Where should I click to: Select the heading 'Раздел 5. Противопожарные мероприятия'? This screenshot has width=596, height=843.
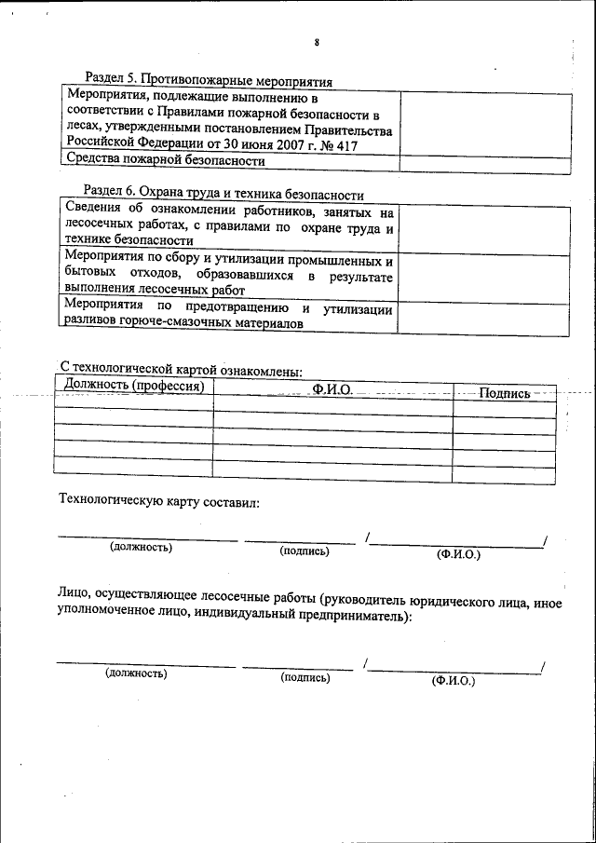pyautogui.click(x=209, y=81)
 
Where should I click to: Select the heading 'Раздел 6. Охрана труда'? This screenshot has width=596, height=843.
pyautogui.click(x=223, y=195)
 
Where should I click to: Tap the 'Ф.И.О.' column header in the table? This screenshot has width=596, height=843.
pyautogui.click(x=332, y=388)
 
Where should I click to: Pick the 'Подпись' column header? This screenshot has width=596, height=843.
pyautogui.click(x=504, y=393)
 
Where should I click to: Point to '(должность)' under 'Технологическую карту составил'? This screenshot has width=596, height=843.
pyautogui.click(x=141, y=547)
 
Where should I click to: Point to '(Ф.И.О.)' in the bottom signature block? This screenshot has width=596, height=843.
pyautogui.click(x=453, y=681)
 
